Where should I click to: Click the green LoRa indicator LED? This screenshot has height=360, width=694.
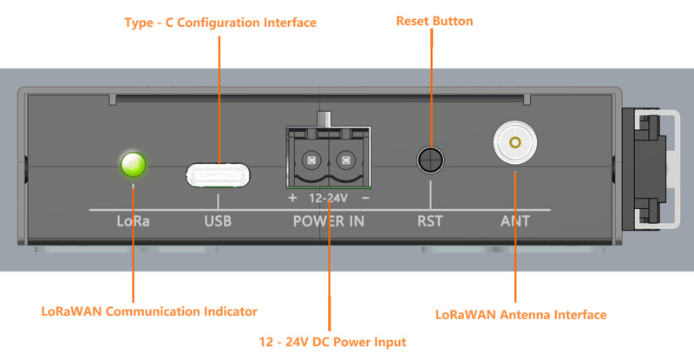coord(134,163)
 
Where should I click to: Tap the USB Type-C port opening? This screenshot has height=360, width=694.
coord(218,175)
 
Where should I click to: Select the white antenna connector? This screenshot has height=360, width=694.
coord(515,141)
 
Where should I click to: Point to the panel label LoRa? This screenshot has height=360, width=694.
coord(134,221)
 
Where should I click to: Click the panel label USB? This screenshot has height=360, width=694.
coord(218,221)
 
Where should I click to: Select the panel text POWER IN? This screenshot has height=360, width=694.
coord(329,221)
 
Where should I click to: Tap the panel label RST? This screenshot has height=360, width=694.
coord(429,221)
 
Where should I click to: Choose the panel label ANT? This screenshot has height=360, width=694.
coord(515,221)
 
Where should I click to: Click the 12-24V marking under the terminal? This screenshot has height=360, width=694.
coord(329,197)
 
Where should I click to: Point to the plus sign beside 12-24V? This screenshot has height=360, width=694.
coord(292,197)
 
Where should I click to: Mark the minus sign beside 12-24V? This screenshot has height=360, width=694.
coord(365,197)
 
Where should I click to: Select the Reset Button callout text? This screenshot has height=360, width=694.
coord(435,21)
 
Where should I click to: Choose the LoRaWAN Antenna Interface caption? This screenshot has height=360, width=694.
coord(520,314)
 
